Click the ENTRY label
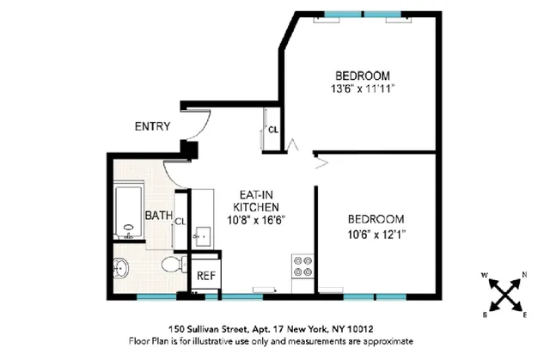tap(152, 127)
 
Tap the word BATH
tap(157, 215)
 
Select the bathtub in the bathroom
tap(130, 211)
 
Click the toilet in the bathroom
tap(173, 263)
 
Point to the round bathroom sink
tap(122, 268)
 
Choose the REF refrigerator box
tap(205, 276)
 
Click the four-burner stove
tap(302, 267)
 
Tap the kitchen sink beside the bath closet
tap(205, 233)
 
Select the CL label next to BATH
tap(180, 222)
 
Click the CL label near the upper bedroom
tap(272, 131)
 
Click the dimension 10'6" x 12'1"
tap(376, 234)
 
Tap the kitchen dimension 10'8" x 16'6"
tap(256, 220)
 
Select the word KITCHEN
tap(256, 207)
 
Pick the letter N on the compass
tap(525, 277)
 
